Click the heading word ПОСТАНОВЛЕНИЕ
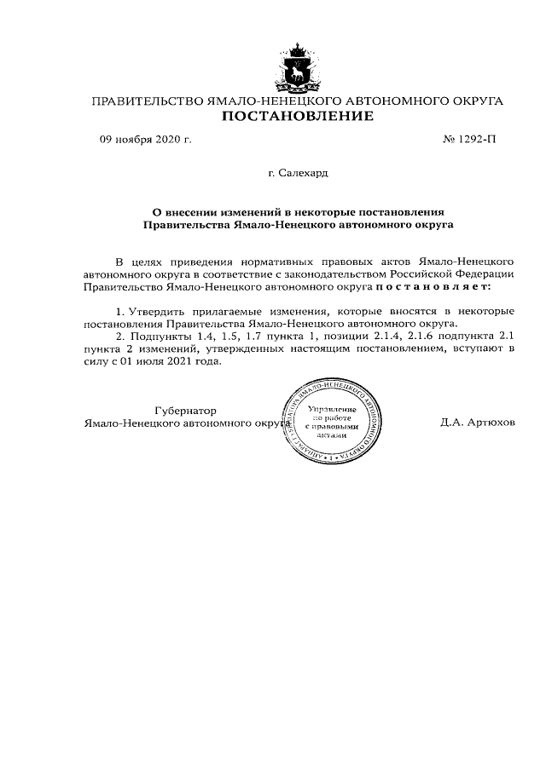click(x=297, y=116)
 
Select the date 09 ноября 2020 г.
click(x=145, y=140)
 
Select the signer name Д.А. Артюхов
click(x=478, y=422)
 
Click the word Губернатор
click(x=186, y=409)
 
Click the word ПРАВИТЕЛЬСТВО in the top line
click(x=147, y=101)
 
